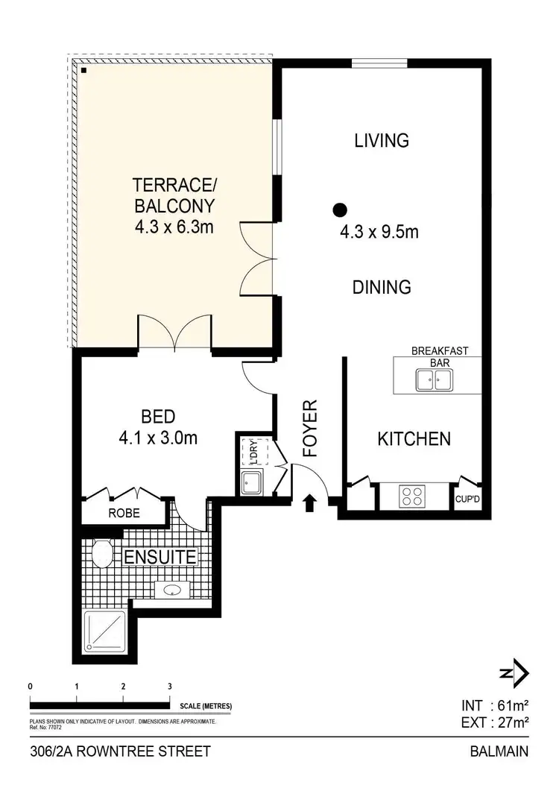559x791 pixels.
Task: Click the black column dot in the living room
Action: (x=340, y=210)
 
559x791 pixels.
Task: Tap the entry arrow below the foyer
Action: (x=310, y=504)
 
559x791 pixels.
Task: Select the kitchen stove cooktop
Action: (x=412, y=495)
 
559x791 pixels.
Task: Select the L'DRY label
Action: (x=249, y=452)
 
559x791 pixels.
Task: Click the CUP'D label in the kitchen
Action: (x=468, y=500)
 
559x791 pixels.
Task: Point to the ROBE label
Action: (x=122, y=513)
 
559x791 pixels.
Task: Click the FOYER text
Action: (x=310, y=428)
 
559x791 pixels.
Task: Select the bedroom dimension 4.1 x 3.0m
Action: (x=157, y=438)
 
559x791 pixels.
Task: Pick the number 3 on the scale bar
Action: (x=170, y=686)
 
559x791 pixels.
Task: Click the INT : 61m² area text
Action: (x=494, y=705)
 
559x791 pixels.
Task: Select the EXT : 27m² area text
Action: (x=494, y=721)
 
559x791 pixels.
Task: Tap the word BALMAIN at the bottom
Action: (x=499, y=751)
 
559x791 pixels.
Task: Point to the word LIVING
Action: (x=382, y=140)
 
